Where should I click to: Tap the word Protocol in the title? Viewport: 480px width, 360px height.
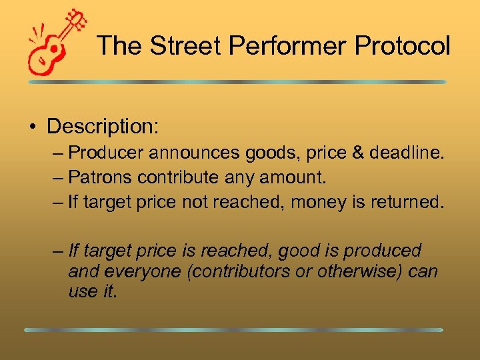point(403,46)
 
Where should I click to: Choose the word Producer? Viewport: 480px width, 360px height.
point(106,153)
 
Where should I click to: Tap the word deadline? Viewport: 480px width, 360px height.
point(405,153)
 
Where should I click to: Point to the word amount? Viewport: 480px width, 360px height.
point(299,177)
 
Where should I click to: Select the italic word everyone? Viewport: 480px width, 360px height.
point(134,271)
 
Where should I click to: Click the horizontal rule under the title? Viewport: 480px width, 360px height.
point(237,82)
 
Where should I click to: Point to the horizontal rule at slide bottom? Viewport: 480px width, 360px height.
point(233,329)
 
